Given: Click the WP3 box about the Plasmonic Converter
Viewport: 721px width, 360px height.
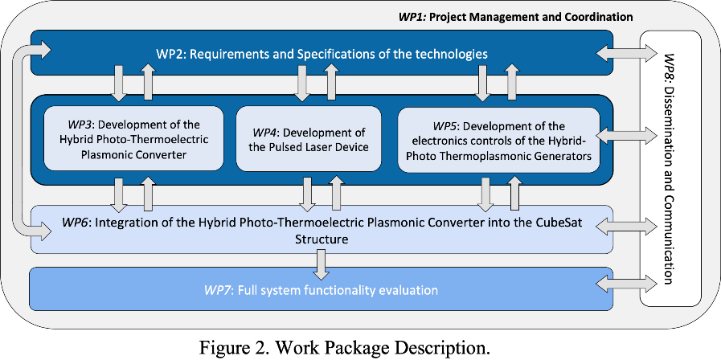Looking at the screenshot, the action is click(133, 138).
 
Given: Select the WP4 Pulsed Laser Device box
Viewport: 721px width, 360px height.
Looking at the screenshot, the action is click(309, 138).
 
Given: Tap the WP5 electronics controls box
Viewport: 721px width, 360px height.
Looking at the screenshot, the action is click(499, 140).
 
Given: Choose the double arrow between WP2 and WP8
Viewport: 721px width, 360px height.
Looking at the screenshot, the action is click(627, 53).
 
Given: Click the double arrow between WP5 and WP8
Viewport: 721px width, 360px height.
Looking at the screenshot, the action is click(627, 136).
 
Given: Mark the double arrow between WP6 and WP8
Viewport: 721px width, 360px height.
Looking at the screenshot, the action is click(627, 225).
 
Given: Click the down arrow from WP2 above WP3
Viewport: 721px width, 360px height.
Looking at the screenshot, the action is click(119, 83).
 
